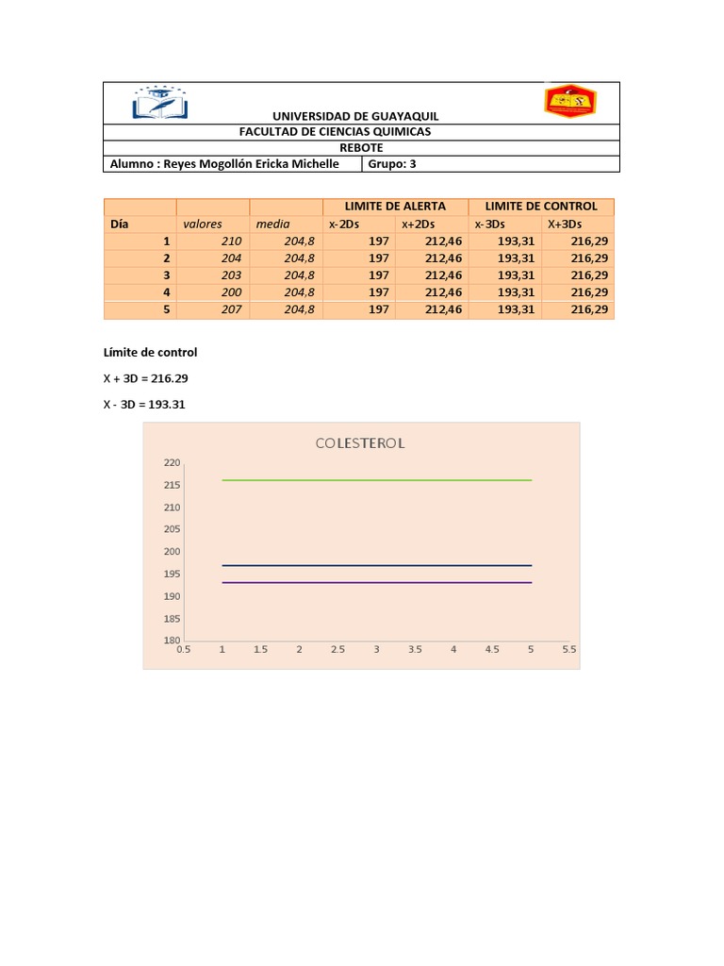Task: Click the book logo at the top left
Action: pos(159,102)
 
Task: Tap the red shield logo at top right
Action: pos(569,101)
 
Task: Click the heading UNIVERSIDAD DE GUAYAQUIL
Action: pos(355,116)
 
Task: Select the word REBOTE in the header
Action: pos(361,147)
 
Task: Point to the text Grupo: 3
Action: pos(398,163)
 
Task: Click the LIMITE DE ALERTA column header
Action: pos(395,206)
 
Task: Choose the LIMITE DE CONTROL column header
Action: pos(540,206)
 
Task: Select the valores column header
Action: pos(203,224)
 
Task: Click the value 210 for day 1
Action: pos(231,241)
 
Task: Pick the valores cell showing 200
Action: pos(231,292)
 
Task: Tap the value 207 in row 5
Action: pos(231,309)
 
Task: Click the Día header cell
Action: pos(119,224)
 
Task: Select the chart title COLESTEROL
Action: pos(360,443)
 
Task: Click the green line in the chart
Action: pos(377,480)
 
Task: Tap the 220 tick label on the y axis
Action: pos(172,463)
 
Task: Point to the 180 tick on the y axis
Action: pos(172,641)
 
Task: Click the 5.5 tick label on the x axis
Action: pos(568,650)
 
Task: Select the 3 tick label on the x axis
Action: pos(376,650)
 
